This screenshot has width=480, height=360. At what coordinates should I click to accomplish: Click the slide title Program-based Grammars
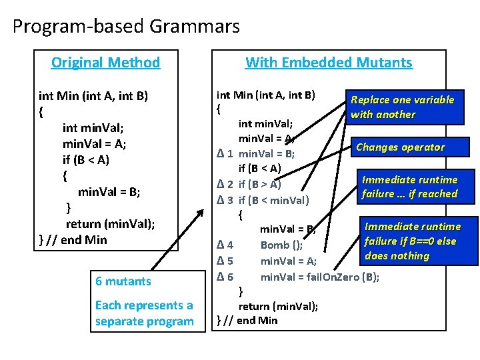coord(126,27)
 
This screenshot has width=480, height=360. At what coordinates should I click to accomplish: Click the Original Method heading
coord(105,63)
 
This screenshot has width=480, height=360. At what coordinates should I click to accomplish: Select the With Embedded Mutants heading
coord(329,63)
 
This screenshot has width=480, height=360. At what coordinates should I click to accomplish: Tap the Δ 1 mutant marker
coord(225,153)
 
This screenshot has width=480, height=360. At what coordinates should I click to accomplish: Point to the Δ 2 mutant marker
coord(225,184)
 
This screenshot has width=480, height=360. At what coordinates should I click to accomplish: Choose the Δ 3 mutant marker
coord(225,199)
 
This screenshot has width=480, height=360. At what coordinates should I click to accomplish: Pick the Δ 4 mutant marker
coord(225,245)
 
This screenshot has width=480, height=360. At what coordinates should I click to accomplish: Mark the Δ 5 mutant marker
coord(225,260)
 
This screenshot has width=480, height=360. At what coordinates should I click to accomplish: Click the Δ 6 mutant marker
coord(225,276)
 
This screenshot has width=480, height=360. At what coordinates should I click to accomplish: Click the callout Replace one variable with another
coord(403,107)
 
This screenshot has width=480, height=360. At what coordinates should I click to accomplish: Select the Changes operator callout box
coord(401,147)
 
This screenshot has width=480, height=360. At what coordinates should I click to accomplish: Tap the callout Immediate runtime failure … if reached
coord(409,187)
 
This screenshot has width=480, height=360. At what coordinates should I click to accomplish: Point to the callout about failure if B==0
coord(411,241)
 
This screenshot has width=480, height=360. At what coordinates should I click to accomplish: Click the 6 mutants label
coord(123,281)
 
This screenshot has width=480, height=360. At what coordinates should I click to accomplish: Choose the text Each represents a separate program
coord(144,313)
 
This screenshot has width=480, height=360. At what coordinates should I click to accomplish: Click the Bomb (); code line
coord(281,245)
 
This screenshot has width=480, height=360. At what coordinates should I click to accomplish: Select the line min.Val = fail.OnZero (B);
coord(320,276)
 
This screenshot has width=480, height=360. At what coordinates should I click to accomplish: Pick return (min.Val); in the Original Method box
coord(110,223)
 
